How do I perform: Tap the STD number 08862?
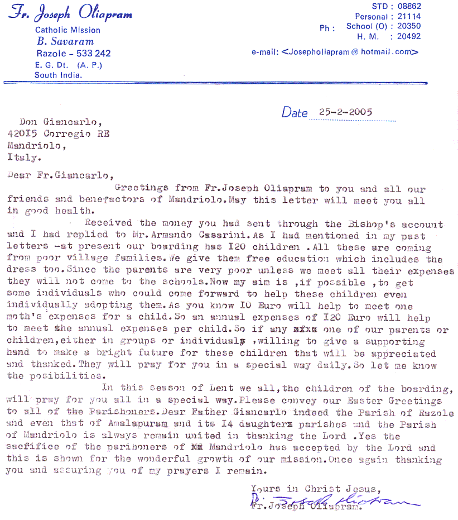[409, 6]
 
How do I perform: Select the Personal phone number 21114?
[409, 17]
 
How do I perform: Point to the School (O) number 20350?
[409, 26]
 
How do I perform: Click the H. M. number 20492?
[409, 36]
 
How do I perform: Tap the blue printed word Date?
[295, 113]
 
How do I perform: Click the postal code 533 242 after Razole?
[93, 54]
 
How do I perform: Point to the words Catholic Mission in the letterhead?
[68, 30]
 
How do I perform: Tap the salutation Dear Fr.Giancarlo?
[59, 175]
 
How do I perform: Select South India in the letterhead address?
[58, 75]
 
